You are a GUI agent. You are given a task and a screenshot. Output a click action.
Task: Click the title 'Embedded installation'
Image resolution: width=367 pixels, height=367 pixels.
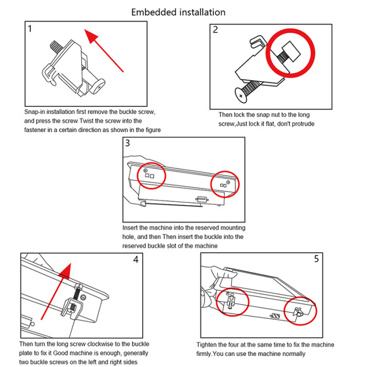pyautogui.click(x=178, y=12)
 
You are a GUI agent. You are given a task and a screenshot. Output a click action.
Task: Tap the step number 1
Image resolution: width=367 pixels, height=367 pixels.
pyautogui.click(x=30, y=29)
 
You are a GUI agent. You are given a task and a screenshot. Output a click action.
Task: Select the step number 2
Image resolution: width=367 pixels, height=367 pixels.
pyautogui.click(x=215, y=30)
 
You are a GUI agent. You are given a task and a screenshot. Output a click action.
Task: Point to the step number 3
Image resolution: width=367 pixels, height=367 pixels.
pyautogui.click(x=127, y=143)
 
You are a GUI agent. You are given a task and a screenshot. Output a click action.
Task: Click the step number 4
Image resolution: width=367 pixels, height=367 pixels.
pyautogui.click(x=136, y=260)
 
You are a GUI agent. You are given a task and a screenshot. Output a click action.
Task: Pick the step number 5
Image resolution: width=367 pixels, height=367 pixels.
pyautogui.click(x=317, y=259)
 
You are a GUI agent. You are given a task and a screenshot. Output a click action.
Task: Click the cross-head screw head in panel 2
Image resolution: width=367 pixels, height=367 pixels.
pyautogui.click(x=241, y=95)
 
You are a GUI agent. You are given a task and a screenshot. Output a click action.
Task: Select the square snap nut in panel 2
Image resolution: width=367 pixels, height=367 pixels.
pyautogui.click(x=291, y=51)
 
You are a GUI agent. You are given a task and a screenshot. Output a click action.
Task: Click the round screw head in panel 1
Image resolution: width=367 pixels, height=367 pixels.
pyautogui.click(x=98, y=86)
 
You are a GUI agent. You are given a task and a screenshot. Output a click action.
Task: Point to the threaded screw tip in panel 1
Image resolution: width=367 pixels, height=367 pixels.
pyautogui.click(x=55, y=47)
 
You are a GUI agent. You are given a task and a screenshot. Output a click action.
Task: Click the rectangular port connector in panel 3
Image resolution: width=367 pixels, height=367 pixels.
pyautogui.click(x=202, y=199)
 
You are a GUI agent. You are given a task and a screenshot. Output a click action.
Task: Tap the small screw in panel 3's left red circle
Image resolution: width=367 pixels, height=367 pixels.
pyautogui.click(x=145, y=170)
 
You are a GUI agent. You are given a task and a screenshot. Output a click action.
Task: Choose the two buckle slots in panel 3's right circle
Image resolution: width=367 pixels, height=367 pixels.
pyautogui.click(x=223, y=186)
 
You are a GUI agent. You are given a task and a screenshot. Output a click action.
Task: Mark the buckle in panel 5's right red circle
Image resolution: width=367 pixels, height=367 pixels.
pyautogui.click(x=298, y=312)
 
